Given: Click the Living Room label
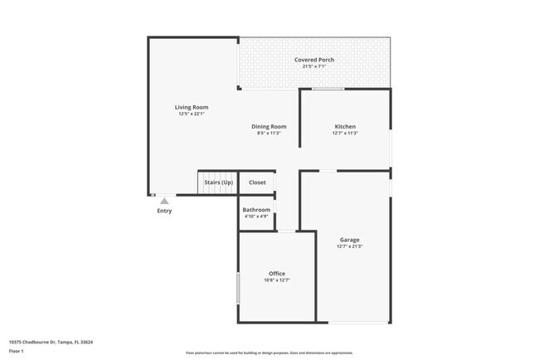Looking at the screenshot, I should tap(191, 107).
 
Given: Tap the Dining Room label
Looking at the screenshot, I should tap(269, 126).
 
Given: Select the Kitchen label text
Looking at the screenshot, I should tap(344, 126).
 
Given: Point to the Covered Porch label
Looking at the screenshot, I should tap(314, 60).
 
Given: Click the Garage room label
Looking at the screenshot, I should tap(349, 240).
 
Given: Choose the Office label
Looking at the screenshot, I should tap(276, 274).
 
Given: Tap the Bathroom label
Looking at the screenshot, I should tap(256, 210).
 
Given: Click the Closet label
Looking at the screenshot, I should tap(257, 182).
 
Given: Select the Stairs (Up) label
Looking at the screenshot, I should tap(218, 182).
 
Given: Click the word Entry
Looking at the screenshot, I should tap(164, 211).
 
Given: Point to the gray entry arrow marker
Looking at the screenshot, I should tap(164, 200).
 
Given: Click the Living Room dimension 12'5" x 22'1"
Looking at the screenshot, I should tap(191, 114).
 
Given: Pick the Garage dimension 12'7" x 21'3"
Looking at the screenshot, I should tap(349, 246).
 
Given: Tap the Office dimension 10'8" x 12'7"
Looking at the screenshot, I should tap(276, 280).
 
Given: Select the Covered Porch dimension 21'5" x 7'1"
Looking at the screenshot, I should tap(314, 66).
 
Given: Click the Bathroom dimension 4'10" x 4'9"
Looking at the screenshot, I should tap(256, 216).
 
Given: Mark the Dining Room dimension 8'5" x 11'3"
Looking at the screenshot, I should tap(269, 133).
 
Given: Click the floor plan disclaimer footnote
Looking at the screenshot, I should tap(269, 353).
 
